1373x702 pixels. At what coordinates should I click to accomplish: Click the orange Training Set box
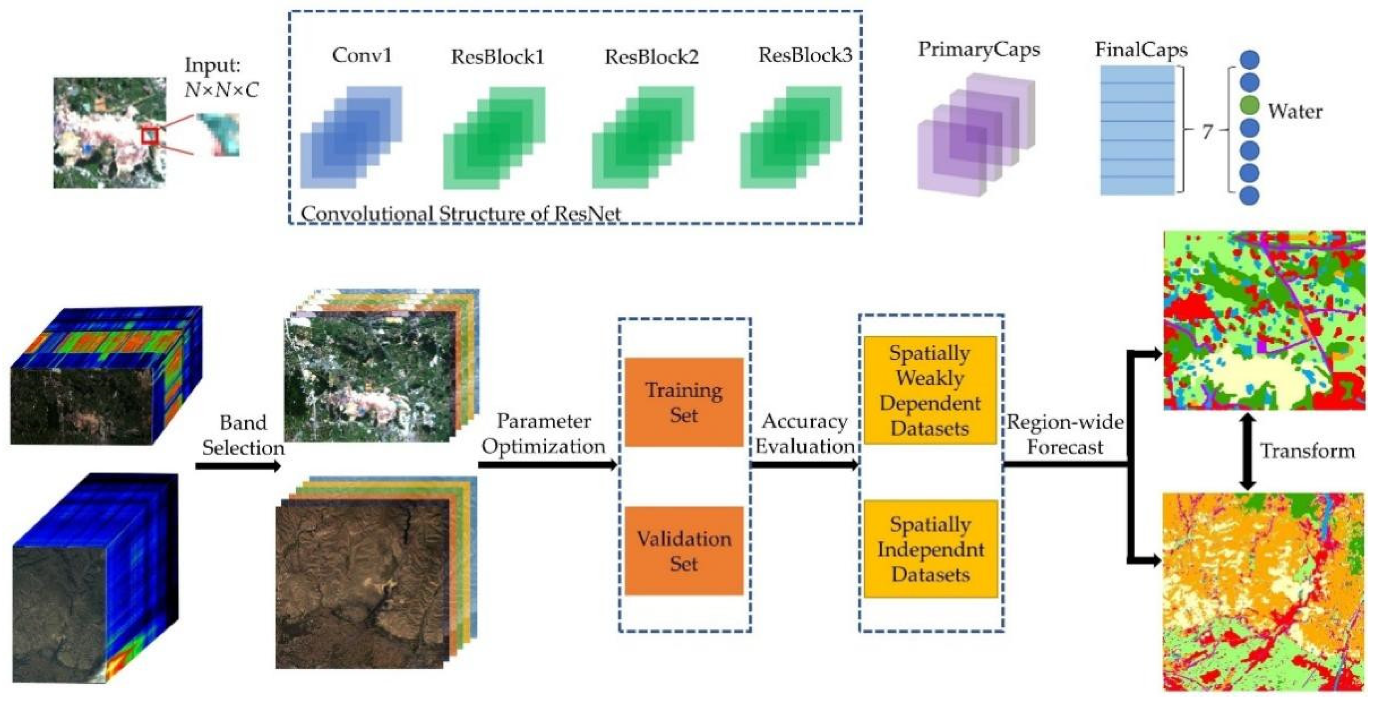click(x=684, y=402)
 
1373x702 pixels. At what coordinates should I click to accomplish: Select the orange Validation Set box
click(x=684, y=550)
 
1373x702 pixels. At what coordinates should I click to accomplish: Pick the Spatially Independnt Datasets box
click(x=931, y=549)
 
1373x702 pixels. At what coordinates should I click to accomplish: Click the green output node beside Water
click(x=1249, y=105)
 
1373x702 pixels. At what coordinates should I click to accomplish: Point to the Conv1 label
click(x=362, y=55)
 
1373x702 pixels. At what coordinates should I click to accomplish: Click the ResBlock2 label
click(x=651, y=56)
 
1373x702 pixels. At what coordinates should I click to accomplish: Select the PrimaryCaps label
click(x=979, y=49)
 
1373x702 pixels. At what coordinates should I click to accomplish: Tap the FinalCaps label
click(x=1141, y=49)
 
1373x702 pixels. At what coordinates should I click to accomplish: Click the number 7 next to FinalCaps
click(x=1207, y=131)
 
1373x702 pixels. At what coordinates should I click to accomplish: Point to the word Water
click(x=1295, y=111)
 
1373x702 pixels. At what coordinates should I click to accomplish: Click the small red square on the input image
click(x=150, y=136)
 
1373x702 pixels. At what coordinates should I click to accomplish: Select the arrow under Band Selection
click(x=238, y=466)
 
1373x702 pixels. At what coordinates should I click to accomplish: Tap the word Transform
click(x=1307, y=451)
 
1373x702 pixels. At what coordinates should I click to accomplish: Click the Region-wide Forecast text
click(x=1065, y=434)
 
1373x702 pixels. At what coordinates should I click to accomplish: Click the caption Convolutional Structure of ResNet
click(x=461, y=214)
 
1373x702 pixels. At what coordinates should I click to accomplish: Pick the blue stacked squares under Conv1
click(x=351, y=137)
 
